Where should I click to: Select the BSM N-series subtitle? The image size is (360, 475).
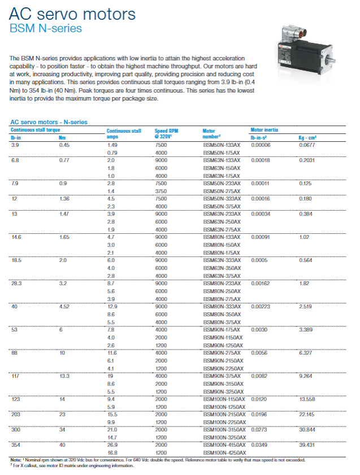[46, 28]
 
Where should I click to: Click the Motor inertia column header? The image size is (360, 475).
[264, 130]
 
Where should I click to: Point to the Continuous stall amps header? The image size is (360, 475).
[124, 133]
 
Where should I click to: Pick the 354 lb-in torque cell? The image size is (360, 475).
[16, 445]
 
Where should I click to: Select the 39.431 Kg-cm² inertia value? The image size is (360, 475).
[307, 445]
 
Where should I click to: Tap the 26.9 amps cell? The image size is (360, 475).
[112, 445]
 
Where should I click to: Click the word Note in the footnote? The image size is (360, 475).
[16, 460]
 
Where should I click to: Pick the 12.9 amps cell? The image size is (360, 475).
[112, 307]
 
